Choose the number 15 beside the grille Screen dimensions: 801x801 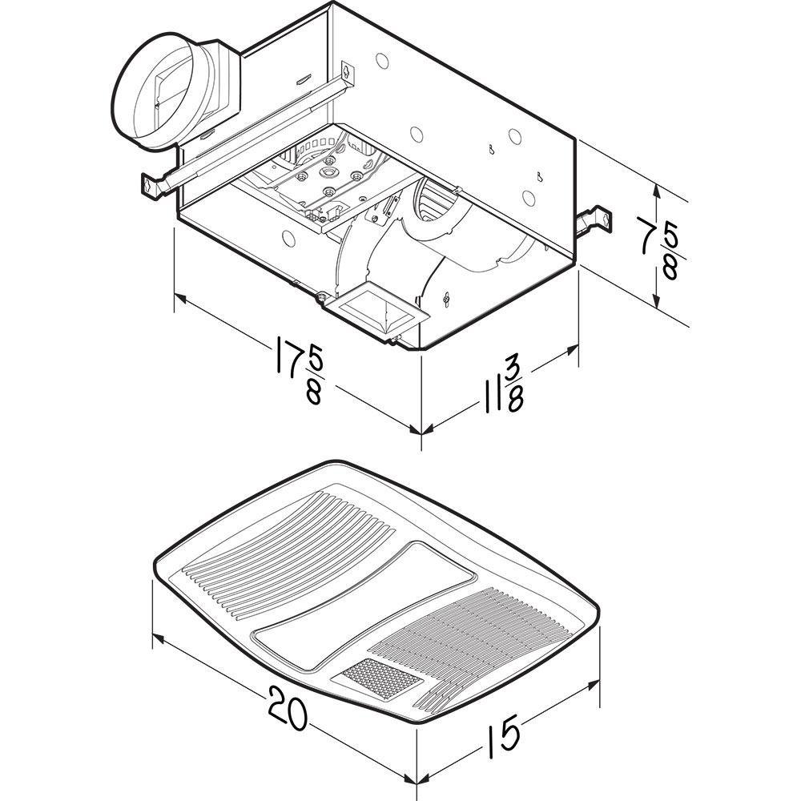pos(502,731)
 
